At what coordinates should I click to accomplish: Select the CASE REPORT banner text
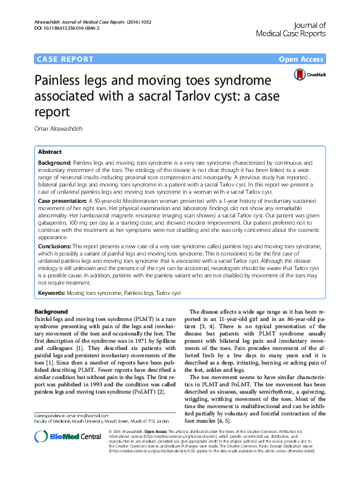pyautogui.click(x=65, y=59)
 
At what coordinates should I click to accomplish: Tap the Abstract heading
pyautogui.click(x=50, y=151)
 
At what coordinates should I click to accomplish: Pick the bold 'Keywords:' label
pyautogui.click(x=51, y=292)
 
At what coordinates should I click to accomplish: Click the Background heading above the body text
pyautogui.click(x=51, y=311)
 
